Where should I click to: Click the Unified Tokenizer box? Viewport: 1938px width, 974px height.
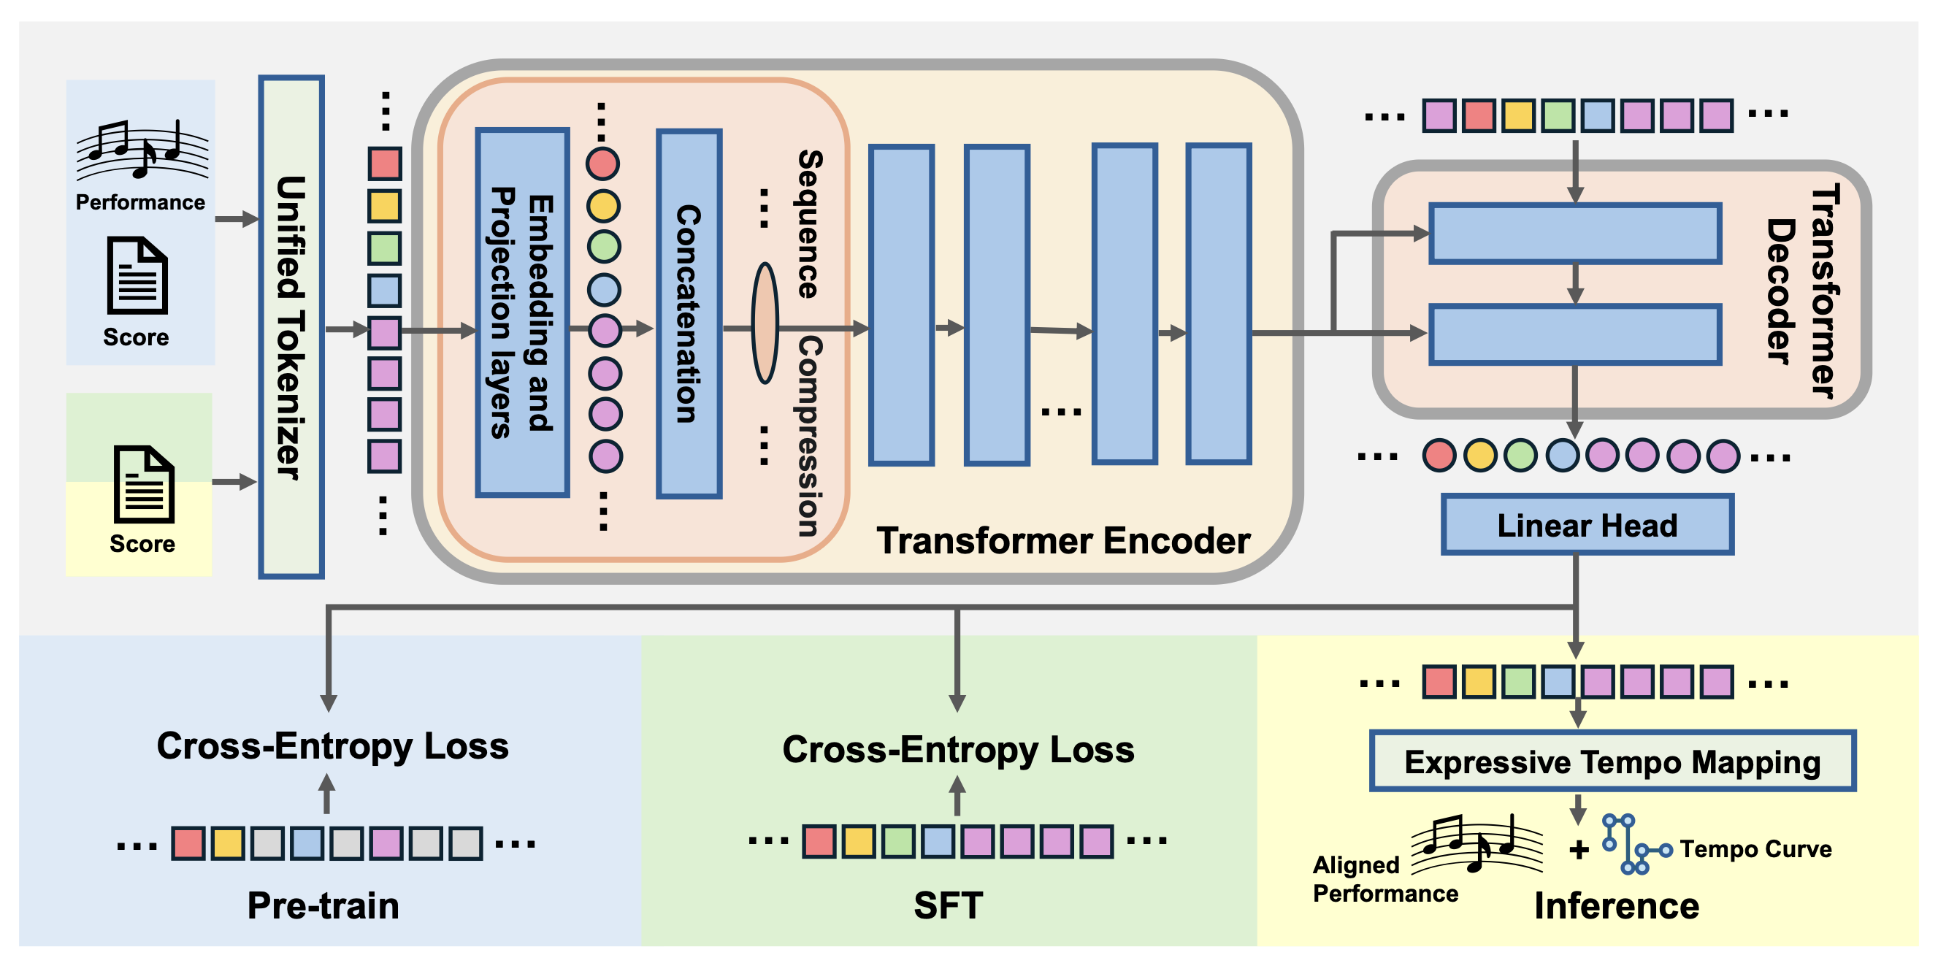tap(291, 326)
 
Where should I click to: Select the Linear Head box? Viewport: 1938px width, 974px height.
tap(1587, 525)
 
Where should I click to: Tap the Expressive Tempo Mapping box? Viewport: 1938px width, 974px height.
tap(1612, 761)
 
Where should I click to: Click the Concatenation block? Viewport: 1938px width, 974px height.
tap(689, 314)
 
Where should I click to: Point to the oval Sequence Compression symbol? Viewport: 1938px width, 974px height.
tap(765, 323)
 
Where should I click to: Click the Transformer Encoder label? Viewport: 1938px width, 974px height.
tap(1062, 541)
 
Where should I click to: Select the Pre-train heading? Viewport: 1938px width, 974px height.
tap(323, 905)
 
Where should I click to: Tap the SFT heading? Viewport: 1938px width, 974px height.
tap(948, 905)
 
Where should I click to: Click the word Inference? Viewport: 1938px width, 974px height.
tap(1616, 905)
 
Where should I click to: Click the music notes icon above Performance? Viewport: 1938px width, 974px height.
tap(142, 150)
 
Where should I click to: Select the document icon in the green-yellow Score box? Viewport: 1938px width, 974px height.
tap(144, 484)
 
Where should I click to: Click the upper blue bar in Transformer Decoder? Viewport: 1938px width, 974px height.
tap(1574, 234)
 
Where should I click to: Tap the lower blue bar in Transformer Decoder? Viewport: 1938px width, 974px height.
tap(1574, 334)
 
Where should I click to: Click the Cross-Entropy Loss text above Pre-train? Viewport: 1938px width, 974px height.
tap(332, 746)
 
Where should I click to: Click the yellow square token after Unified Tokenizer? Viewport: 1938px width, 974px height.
tap(384, 206)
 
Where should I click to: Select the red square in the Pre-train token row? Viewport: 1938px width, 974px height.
tap(188, 843)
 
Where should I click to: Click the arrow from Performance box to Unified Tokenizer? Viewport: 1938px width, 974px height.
tap(237, 220)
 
